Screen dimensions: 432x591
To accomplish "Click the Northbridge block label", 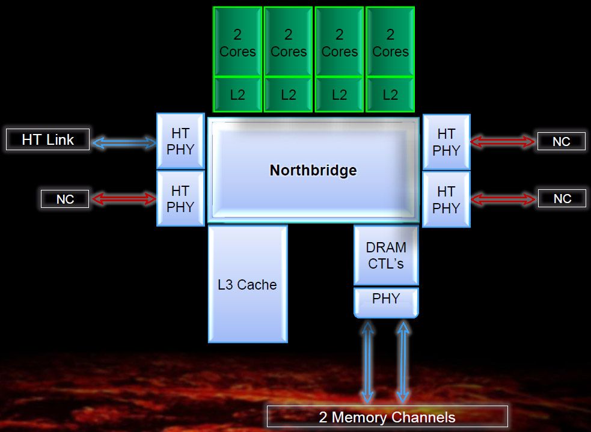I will pos(313,170).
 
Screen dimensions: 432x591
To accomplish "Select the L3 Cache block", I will pos(248,284).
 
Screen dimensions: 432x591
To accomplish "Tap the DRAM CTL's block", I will pos(386,255).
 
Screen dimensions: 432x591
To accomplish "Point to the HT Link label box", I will pos(47,140).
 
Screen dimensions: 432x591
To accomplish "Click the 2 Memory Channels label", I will pos(387,417).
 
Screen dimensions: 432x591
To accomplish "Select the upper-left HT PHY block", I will pos(180,141).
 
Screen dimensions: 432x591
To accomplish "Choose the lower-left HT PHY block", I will pos(180,198).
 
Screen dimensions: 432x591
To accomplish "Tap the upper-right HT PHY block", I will pos(446,142).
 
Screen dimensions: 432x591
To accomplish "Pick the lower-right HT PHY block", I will pos(446,199).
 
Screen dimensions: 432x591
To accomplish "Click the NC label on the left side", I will pos(65,199).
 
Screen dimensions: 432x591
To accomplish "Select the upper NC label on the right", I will pos(561,142).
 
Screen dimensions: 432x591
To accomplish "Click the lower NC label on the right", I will pos(562,199).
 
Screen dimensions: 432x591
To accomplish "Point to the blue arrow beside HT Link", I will pos(123,142).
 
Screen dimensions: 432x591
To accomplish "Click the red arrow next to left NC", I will pos(123,199).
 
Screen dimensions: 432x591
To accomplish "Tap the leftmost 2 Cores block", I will pos(237,43).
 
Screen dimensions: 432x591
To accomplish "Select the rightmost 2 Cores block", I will pos(390,43).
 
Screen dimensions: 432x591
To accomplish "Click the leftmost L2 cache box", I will pos(237,94).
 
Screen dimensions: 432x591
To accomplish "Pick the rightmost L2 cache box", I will pos(390,94).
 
